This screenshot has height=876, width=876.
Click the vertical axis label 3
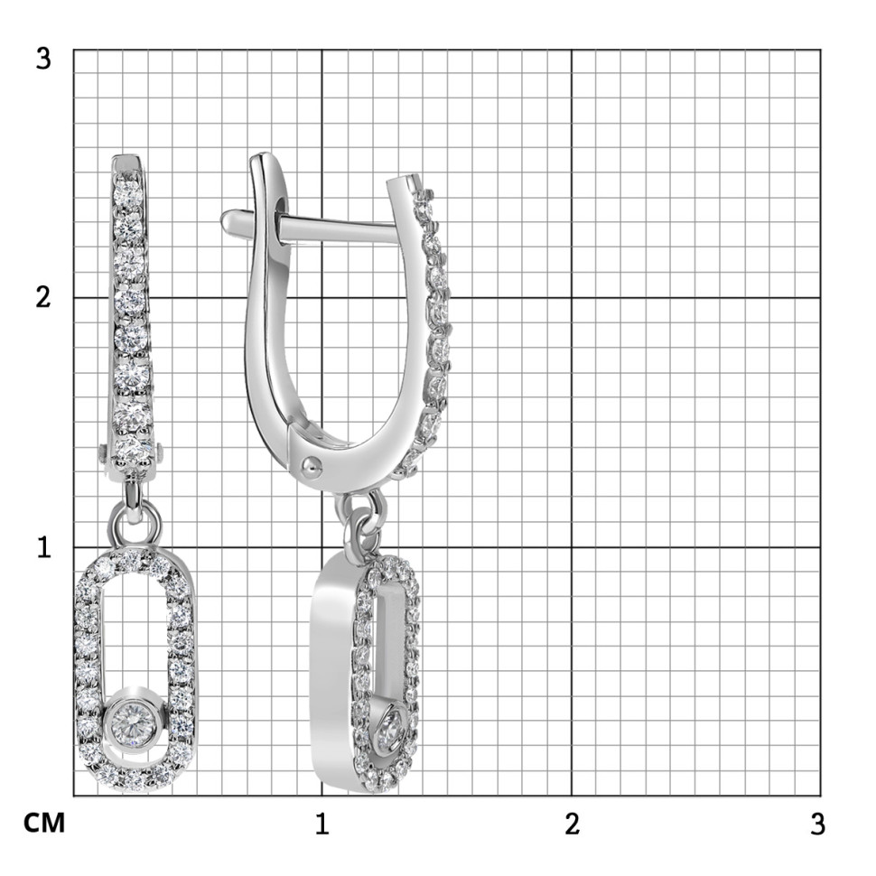pyautogui.click(x=43, y=59)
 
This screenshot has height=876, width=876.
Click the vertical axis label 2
pyautogui.click(x=43, y=297)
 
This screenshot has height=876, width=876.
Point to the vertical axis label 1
pyautogui.click(x=44, y=547)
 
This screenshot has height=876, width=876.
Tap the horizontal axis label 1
pyautogui.click(x=322, y=824)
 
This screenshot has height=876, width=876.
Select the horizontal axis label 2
pyautogui.click(x=572, y=824)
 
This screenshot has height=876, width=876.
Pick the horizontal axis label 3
pyautogui.click(x=818, y=824)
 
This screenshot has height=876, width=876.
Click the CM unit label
pyautogui.click(x=44, y=824)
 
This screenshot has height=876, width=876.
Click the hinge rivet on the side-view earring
pyautogui.click(x=312, y=464)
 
